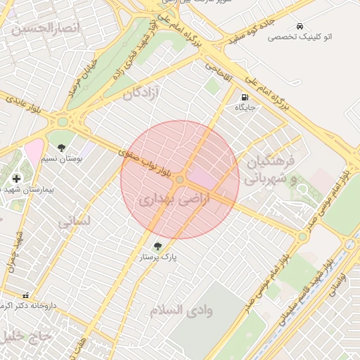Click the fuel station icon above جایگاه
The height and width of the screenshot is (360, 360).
tap(245, 97)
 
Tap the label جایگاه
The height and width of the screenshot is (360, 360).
tap(245, 108)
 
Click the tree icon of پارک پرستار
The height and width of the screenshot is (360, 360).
tap(157, 246)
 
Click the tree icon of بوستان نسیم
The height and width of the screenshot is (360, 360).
tap(61, 148)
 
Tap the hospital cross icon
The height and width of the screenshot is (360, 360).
tap(16, 179)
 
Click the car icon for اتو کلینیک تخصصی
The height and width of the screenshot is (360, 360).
tap(300, 25)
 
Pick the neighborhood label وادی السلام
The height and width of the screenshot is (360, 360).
tap(181, 309)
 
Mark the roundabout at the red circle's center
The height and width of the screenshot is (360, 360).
tap(180, 181)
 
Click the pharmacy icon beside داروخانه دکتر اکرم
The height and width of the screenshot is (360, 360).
tap(26, 296)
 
